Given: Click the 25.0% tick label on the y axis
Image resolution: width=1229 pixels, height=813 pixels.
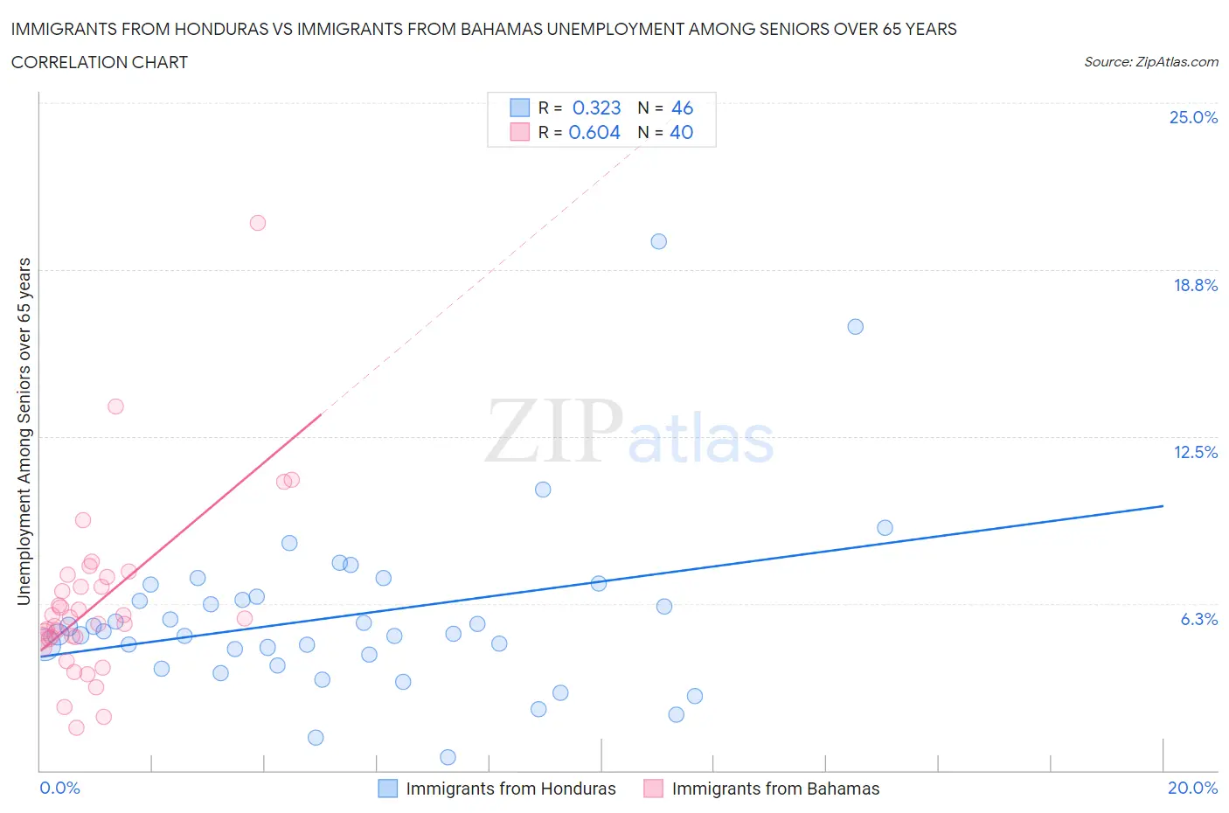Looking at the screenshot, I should pos(1193,117).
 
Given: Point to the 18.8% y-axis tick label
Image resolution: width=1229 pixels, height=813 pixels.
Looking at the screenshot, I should pos(1195,285).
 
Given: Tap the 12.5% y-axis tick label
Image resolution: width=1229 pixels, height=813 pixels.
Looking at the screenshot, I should pos(1195,452).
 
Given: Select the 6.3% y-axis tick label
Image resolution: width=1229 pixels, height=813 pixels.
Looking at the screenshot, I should pos(1198,619).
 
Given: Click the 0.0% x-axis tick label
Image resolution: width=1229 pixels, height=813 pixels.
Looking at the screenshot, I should pos(59,788).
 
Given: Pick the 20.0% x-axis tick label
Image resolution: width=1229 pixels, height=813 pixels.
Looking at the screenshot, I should pos(1192,788).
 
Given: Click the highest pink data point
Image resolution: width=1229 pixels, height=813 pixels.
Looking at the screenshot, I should pos(257,223).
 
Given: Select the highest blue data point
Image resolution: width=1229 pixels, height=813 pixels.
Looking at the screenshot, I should pos(659,241).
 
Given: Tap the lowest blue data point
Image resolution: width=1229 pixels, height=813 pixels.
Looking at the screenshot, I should pos(448,757).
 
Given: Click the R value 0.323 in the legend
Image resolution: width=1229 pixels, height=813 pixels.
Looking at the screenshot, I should pos(596,108).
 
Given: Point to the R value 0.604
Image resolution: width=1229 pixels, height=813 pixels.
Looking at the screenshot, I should pos(594,132).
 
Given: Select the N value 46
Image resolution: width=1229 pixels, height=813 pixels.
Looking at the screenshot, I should pos(682,108).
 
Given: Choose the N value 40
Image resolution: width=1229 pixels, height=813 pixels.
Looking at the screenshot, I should pos(681,132).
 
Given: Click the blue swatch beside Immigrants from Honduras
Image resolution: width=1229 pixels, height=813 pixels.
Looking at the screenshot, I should pos(387,789).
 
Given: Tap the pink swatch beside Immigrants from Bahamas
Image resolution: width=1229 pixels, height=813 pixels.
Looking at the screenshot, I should pos(653,789).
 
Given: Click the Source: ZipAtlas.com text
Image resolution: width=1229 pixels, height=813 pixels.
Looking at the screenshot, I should pos(1150,62).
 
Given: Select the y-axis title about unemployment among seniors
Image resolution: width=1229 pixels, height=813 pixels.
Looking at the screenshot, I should pos(24,431).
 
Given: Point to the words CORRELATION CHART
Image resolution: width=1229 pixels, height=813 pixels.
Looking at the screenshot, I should pos(100,62).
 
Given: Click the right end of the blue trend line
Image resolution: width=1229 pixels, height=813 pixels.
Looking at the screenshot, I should pos(1163,506).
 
